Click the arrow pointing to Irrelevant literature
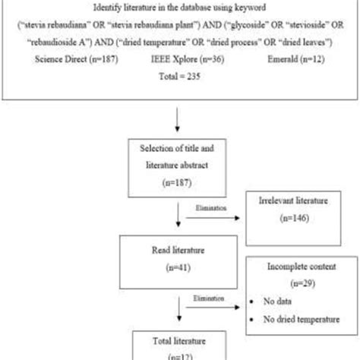[x=219, y=216]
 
